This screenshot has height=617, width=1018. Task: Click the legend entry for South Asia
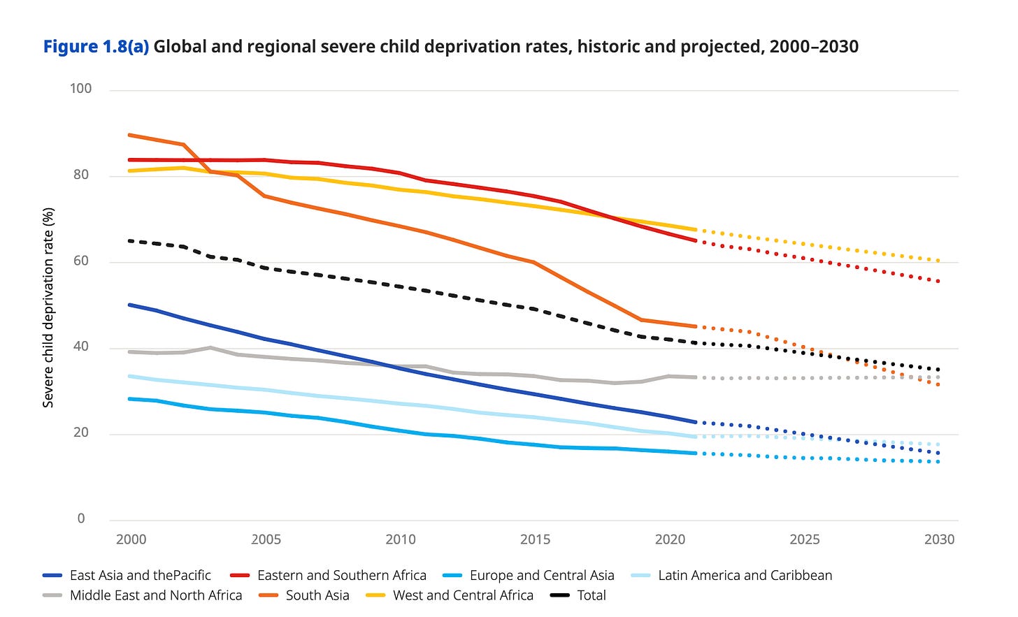[317, 595]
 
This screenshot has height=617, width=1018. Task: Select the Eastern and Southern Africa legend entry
[341, 575]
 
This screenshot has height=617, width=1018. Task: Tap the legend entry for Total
[591, 595]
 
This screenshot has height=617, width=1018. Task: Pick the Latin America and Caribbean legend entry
[745, 575]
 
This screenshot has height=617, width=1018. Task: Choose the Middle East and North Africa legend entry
[155, 595]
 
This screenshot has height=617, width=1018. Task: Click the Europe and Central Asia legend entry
[541, 575]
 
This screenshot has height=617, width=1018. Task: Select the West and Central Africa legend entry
[462, 595]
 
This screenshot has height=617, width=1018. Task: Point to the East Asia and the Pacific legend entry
[140, 575]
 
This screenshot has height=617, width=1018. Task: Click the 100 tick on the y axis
[80, 89]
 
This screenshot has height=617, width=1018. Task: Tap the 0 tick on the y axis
[81, 518]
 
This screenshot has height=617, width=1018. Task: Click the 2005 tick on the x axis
[266, 539]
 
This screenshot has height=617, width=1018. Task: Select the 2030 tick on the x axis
[939, 539]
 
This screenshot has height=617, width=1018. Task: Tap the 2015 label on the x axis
[535, 539]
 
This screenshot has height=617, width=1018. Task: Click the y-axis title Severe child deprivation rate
[48, 307]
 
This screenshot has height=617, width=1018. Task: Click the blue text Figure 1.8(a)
[96, 47]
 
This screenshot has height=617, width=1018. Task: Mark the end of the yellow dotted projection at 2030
[938, 261]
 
